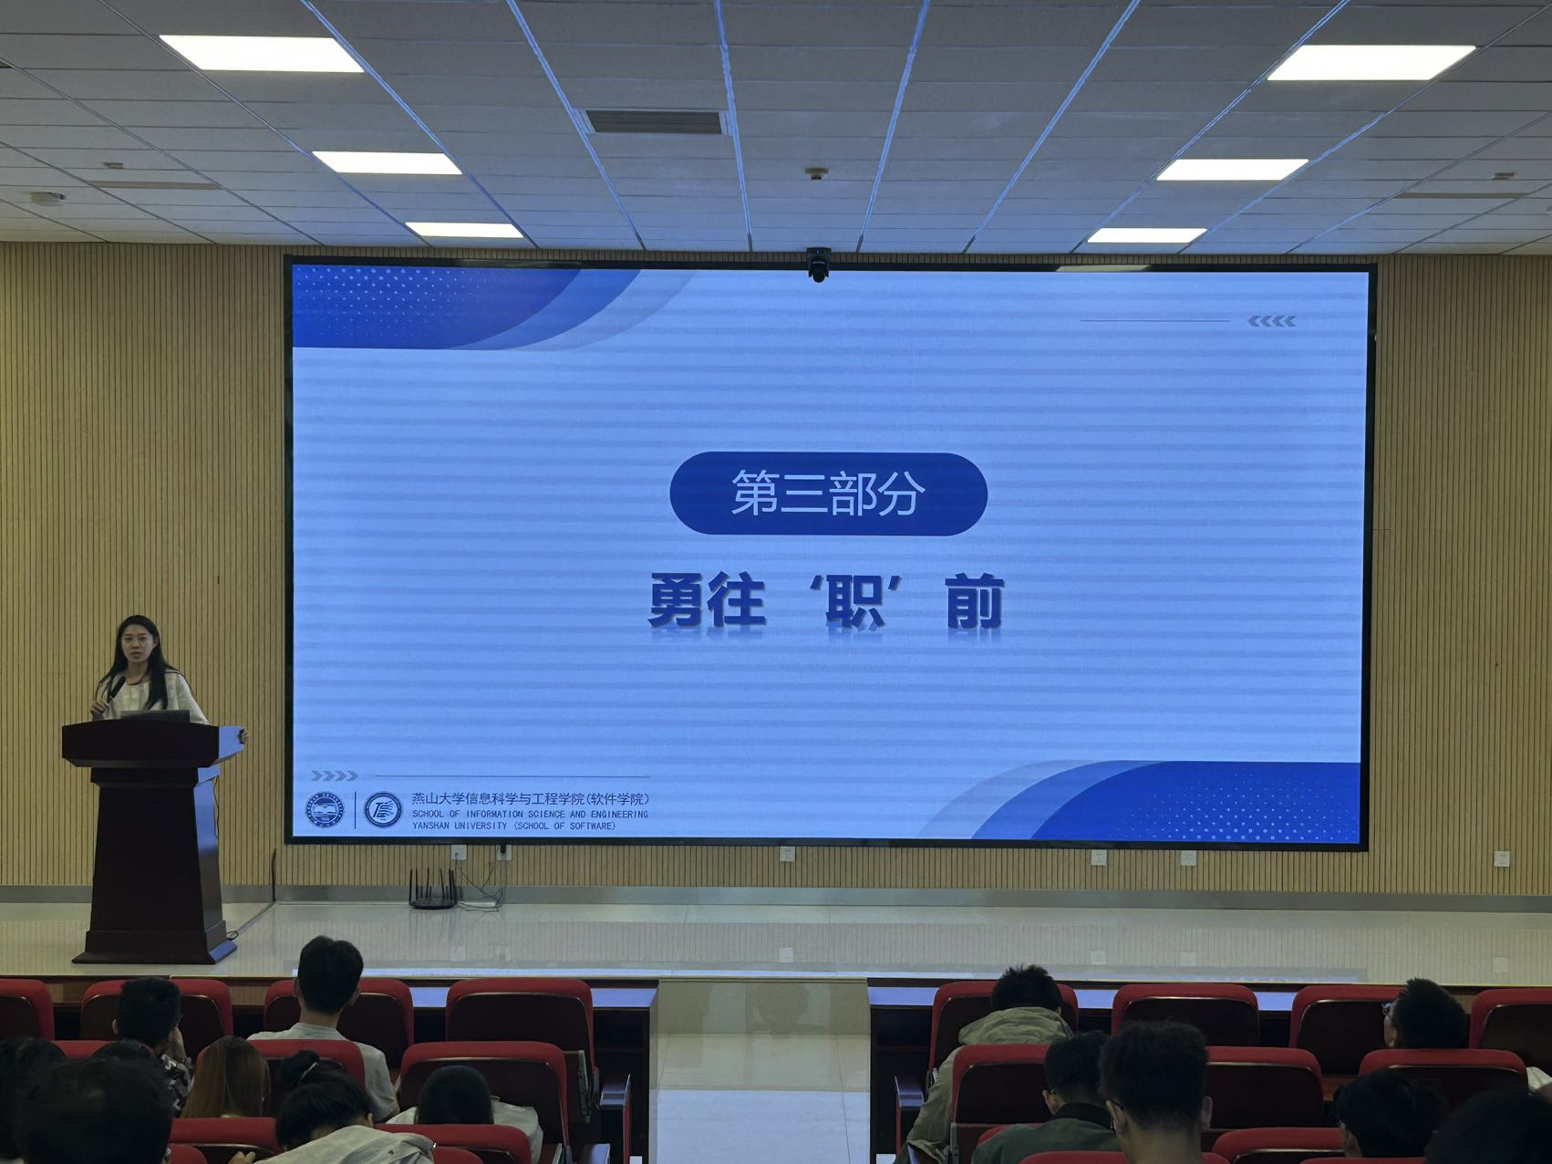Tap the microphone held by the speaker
click(113, 692)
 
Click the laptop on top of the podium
click(155, 716)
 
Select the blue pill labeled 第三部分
click(828, 494)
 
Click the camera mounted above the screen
click(818, 264)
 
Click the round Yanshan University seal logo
click(324, 810)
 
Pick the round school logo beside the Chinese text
click(383, 810)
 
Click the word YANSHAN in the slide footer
click(433, 826)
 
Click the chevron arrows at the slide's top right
click(1271, 321)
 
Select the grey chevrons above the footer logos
click(334, 776)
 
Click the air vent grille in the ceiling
click(655, 122)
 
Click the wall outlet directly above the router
click(458, 853)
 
